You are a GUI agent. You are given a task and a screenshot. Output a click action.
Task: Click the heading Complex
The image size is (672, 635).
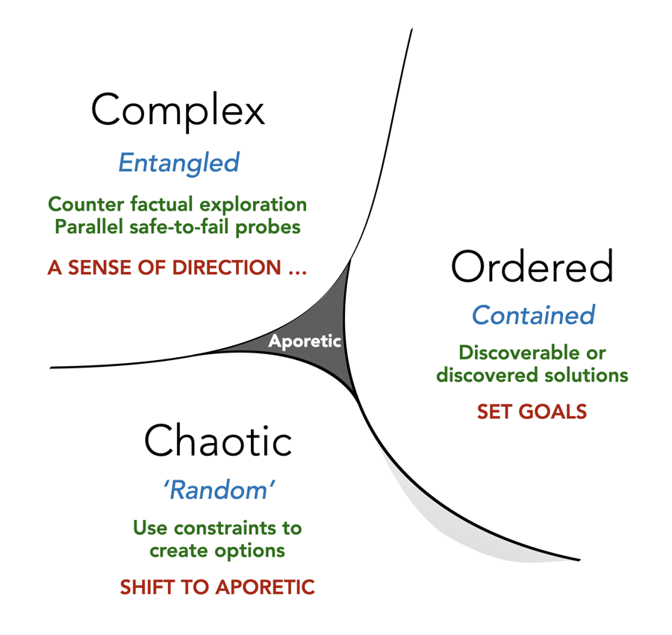coord(178,111)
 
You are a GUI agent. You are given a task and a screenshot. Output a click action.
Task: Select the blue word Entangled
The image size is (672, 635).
coord(178,162)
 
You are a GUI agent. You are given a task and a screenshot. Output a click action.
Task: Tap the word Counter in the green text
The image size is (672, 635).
coord(82,204)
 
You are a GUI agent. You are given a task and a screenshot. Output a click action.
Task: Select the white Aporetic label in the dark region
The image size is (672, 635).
coord(305,341)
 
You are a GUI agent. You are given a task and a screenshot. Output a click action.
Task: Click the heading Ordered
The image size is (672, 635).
coord(532,267)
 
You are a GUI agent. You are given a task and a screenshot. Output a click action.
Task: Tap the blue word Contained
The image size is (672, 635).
coord(533,315)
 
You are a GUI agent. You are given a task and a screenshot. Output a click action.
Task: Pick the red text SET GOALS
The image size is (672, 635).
coord(532,412)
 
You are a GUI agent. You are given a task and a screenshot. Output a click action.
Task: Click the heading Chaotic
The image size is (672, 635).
coord(217,440)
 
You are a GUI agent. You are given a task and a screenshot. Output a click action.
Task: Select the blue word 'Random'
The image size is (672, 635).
coord(218,490)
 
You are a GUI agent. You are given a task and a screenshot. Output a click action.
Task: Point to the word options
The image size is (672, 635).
coord(250,551)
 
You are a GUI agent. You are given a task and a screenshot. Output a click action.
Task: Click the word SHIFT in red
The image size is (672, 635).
coord(146,587)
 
